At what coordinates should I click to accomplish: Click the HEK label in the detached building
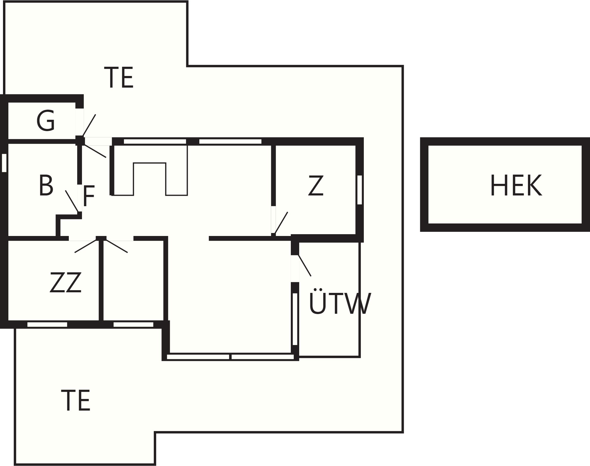pos(516,185)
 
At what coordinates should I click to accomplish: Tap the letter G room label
pos(46,121)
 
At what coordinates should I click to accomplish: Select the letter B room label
pos(46,185)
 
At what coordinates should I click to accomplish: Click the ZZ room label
pos(66,282)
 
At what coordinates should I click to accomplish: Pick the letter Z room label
pos(316,186)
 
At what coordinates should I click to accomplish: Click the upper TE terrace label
pos(119,77)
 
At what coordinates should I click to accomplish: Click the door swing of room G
pos(89,125)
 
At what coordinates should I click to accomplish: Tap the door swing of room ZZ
pos(86,246)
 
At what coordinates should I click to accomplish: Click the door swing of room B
pos(72,201)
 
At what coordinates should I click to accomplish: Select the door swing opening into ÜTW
pos(305,265)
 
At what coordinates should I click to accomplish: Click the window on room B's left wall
pos(4,163)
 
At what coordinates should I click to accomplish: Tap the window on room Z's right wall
pos(360,190)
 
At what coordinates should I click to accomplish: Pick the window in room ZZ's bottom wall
pos(47,324)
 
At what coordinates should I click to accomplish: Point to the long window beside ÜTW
pos(295,319)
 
